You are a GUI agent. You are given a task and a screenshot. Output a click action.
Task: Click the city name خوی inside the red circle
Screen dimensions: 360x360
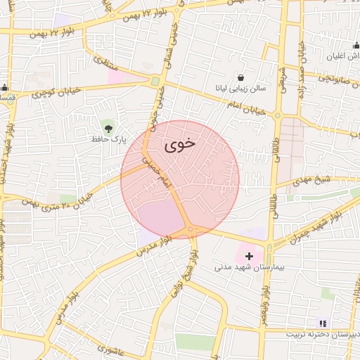click(x=179, y=145)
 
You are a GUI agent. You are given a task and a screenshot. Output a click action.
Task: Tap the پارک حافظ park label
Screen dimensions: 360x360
click(x=108, y=139)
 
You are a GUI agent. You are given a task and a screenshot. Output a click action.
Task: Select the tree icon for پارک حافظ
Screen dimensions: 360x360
click(x=108, y=127)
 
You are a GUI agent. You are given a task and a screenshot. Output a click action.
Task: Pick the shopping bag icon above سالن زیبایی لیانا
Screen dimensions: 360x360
click(x=241, y=77)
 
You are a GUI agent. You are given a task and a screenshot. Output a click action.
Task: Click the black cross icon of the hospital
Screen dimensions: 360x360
click(x=249, y=257)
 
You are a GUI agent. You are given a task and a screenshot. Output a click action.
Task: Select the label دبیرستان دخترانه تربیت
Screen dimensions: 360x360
click(x=323, y=335)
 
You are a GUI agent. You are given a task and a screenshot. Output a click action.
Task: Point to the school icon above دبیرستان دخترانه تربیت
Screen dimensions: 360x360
click(x=323, y=323)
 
